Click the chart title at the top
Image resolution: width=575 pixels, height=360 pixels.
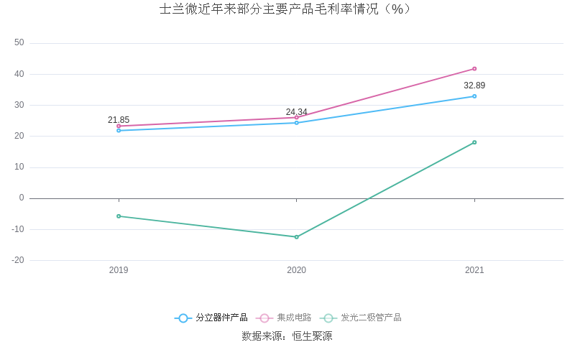pos(285,9)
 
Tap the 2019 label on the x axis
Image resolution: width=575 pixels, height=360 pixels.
pos(119,270)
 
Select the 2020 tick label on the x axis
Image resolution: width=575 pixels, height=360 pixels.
pos(297,270)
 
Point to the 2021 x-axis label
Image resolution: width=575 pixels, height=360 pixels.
pos(474,270)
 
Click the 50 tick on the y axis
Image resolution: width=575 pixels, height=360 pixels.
pos(19,42)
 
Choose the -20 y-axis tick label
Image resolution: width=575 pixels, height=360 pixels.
pos(18,260)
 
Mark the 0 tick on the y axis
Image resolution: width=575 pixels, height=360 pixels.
pos(22,198)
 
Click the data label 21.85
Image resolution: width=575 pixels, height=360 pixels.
pos(119,120)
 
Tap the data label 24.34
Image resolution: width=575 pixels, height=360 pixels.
pos(296,112)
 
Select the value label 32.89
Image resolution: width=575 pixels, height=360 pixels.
pos(474,86)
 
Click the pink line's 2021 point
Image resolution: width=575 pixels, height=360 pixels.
pos(474,69)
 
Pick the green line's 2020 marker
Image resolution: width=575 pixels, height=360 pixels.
pos(297,237)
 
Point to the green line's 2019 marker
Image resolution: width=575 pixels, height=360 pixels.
pos(119,216)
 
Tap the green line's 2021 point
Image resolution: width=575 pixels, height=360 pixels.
pos(474,142)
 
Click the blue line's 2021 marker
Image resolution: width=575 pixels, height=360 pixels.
pos(474,96)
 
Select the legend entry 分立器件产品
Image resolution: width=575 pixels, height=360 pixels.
pos(211,318)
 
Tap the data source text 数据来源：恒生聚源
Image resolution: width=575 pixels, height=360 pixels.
pos(287,336)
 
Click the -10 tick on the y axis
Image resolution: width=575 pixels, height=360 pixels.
pos(18,229)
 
